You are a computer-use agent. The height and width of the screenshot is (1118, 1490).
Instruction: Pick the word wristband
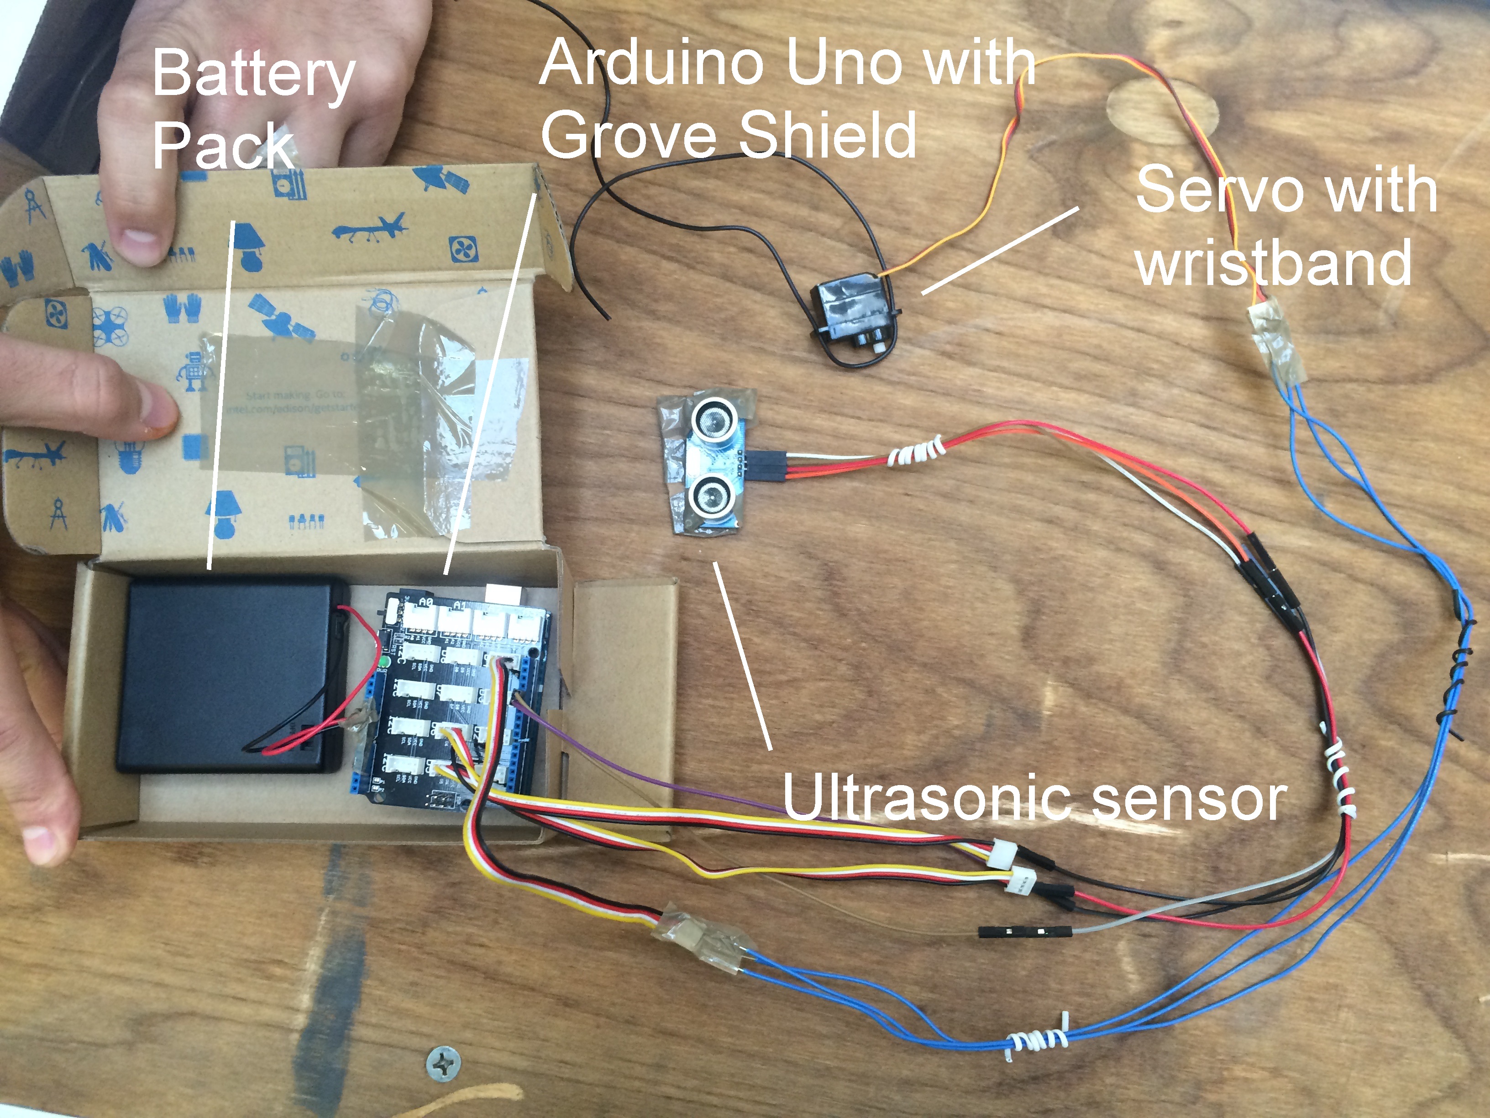pos(1273,263)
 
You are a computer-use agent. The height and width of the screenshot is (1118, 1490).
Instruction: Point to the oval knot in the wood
pos(1162,111)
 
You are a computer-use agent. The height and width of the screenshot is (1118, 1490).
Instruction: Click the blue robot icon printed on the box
pos(193,371)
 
